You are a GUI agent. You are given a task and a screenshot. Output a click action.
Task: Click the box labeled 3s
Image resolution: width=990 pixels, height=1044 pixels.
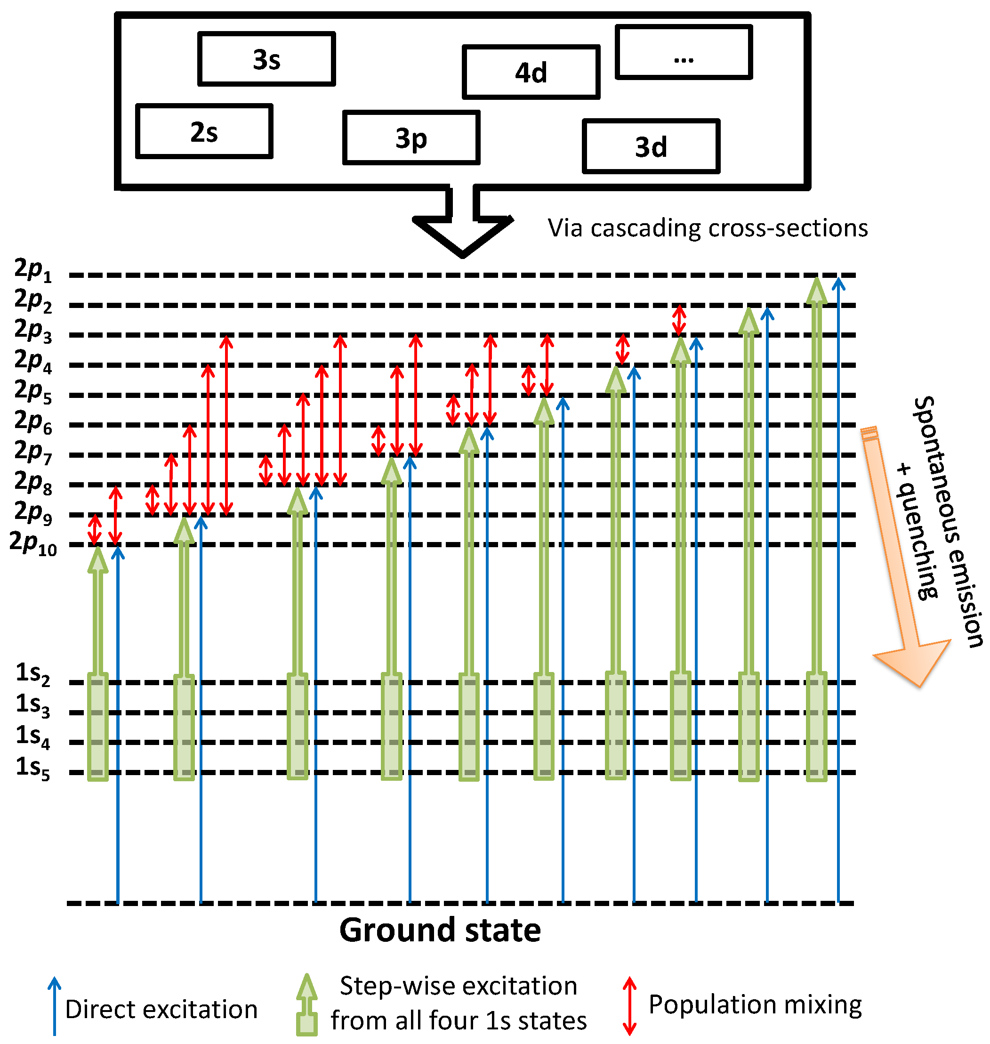[266, 59]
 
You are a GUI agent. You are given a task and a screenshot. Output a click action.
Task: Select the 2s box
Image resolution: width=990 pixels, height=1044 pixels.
[204, 131]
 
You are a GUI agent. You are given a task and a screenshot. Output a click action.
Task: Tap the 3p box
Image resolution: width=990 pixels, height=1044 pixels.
[411, 138]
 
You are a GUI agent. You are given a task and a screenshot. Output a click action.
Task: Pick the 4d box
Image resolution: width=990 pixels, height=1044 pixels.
[531, 73]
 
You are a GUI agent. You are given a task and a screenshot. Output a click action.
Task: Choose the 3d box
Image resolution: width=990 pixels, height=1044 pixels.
[651, 146]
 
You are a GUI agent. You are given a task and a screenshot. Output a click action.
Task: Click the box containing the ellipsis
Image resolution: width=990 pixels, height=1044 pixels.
[684, 53]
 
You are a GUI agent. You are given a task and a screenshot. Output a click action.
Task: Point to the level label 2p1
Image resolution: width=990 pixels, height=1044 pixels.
[33, 270]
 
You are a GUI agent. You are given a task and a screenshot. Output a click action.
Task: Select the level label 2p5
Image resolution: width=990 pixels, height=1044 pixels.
[33, 391]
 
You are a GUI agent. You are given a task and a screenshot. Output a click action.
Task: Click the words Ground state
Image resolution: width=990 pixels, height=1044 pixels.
[440, 930]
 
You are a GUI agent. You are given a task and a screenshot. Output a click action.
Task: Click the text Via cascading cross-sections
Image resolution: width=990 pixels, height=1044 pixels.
[708, 228]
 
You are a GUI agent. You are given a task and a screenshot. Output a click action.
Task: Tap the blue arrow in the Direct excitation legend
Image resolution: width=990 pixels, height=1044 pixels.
[54, 1005]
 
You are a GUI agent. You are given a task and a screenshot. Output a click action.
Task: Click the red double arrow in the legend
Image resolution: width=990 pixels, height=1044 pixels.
[629, 1005]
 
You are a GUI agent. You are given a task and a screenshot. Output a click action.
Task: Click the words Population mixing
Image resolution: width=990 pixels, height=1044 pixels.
[755, 1004]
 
